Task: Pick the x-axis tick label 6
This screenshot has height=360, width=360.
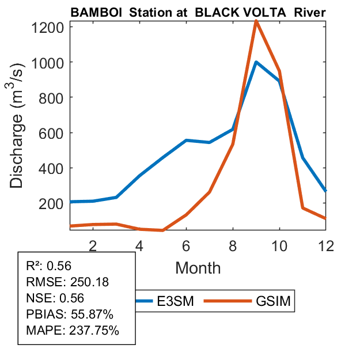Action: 186,245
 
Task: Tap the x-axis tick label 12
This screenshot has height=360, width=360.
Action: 325,245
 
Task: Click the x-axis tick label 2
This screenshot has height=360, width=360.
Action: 93,245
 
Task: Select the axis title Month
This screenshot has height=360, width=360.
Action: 198,267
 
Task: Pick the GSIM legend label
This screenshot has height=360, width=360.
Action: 274,301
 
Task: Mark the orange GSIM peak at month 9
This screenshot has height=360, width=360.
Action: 256,21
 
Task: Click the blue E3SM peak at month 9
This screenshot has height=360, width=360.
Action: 256,62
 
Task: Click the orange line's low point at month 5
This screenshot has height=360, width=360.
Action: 163,230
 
